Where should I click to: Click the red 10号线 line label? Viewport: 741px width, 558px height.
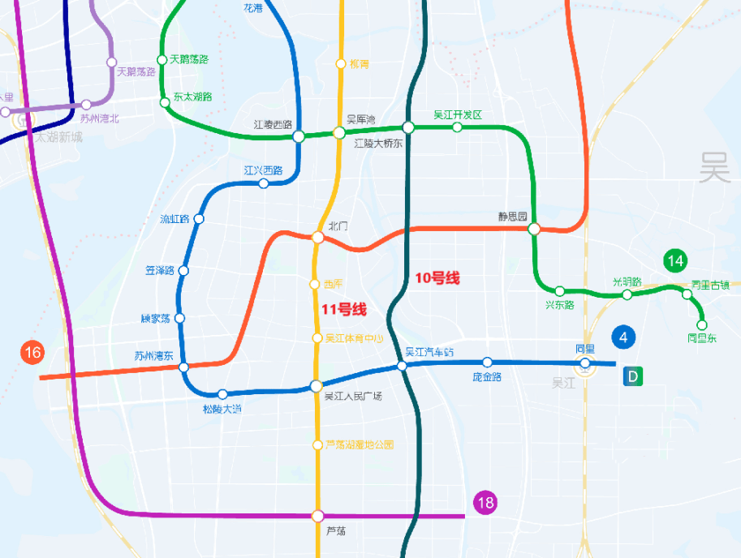click(x=437, y=278)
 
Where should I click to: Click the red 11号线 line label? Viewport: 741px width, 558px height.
click(x=344, y=309)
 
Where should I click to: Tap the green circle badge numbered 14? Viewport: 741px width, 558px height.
click(x=675, y=260)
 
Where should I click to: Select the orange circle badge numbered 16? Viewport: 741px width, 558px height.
click(x=32, y=353)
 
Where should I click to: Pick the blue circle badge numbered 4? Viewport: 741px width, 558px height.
click(x=623, y=337)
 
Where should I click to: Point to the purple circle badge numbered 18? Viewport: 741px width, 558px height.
click(x=485, y=503)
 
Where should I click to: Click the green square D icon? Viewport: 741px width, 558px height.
click(x=633, y=376)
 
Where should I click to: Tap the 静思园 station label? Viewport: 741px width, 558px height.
click(x=513, y=217)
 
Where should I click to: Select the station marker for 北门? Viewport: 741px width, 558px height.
click(x=317, y=238)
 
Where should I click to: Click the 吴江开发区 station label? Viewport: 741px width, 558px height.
click(x=458, y=114)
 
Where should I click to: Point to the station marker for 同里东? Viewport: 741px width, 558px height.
click(x=702, y=324)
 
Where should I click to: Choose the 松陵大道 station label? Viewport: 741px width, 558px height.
click(x=222, y=409)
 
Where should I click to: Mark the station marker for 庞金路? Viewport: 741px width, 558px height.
click(x=487, y=363)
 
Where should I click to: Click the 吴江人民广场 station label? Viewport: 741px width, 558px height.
click(x=353, y=397)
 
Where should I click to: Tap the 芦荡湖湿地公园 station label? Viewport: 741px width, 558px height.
click(x=359, y=444)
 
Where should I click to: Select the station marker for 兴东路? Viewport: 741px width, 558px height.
click(x=560, y=291)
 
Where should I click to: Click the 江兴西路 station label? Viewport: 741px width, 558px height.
click(x=263, y=170)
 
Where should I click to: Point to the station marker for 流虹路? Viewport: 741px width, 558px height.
click(x=199, y=219)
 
